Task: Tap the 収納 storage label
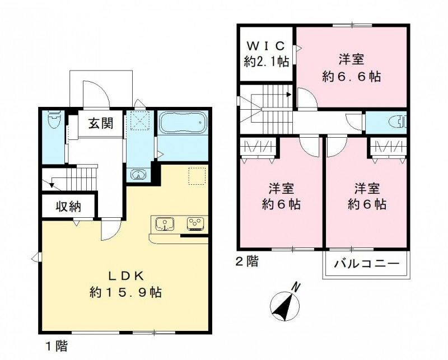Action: (x=68, y=207)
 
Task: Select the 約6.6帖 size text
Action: (x=352, y=77)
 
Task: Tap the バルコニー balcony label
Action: (x=367, y=264)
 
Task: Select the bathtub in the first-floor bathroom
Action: (x=183, y=123)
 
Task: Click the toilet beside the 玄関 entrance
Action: (x=54, y=120)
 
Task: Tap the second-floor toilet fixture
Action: (x=395, y=121)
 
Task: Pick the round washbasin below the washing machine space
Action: (x=138, y=174)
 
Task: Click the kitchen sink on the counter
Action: (x=165, y=224)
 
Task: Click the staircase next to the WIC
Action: (x=267, y=101)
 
